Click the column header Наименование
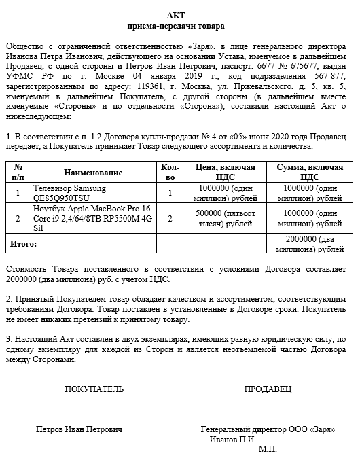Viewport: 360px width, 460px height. click(94, 173)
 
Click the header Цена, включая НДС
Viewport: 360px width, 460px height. click(225, 173)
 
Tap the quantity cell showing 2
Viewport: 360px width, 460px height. click(170, 218)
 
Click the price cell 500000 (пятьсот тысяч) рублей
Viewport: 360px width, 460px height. click(225, 218)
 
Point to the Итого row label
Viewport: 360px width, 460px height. click(22, 243)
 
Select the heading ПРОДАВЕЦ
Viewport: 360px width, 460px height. click(268, 389)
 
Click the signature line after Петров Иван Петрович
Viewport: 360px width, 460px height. click(138, 430)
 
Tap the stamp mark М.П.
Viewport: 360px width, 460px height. click(268, 449)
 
